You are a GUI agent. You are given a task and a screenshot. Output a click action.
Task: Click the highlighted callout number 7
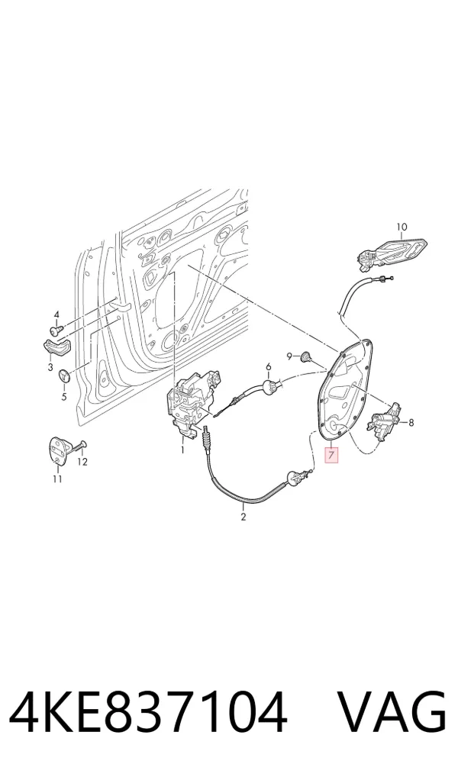pos(331,454)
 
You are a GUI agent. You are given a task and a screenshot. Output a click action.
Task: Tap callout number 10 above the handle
pos(402,227)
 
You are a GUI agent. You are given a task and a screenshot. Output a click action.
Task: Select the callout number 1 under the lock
pos(182,450)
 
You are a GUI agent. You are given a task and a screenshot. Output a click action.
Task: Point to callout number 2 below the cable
pos(243,517)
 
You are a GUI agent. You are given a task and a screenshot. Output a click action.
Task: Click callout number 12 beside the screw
pos(82,462)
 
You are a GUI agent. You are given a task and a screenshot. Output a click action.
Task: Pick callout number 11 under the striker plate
pos(57,479)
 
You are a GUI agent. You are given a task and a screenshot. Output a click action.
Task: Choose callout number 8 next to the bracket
pos(411,423)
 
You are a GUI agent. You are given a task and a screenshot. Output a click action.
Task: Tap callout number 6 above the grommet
pos(269,366)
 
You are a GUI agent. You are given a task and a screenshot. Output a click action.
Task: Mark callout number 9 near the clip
pos(289,356)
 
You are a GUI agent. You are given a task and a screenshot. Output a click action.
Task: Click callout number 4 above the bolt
pos(56,314)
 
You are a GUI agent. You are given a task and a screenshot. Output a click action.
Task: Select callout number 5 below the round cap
pos(63,396)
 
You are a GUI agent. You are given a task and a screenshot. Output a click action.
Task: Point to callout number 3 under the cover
pos(50,367)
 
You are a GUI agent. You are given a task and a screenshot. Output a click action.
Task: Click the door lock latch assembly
pos(192,402)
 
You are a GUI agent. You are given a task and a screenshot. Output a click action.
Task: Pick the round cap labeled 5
pos(64,376)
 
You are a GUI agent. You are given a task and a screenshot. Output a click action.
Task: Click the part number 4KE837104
pos(149,711)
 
